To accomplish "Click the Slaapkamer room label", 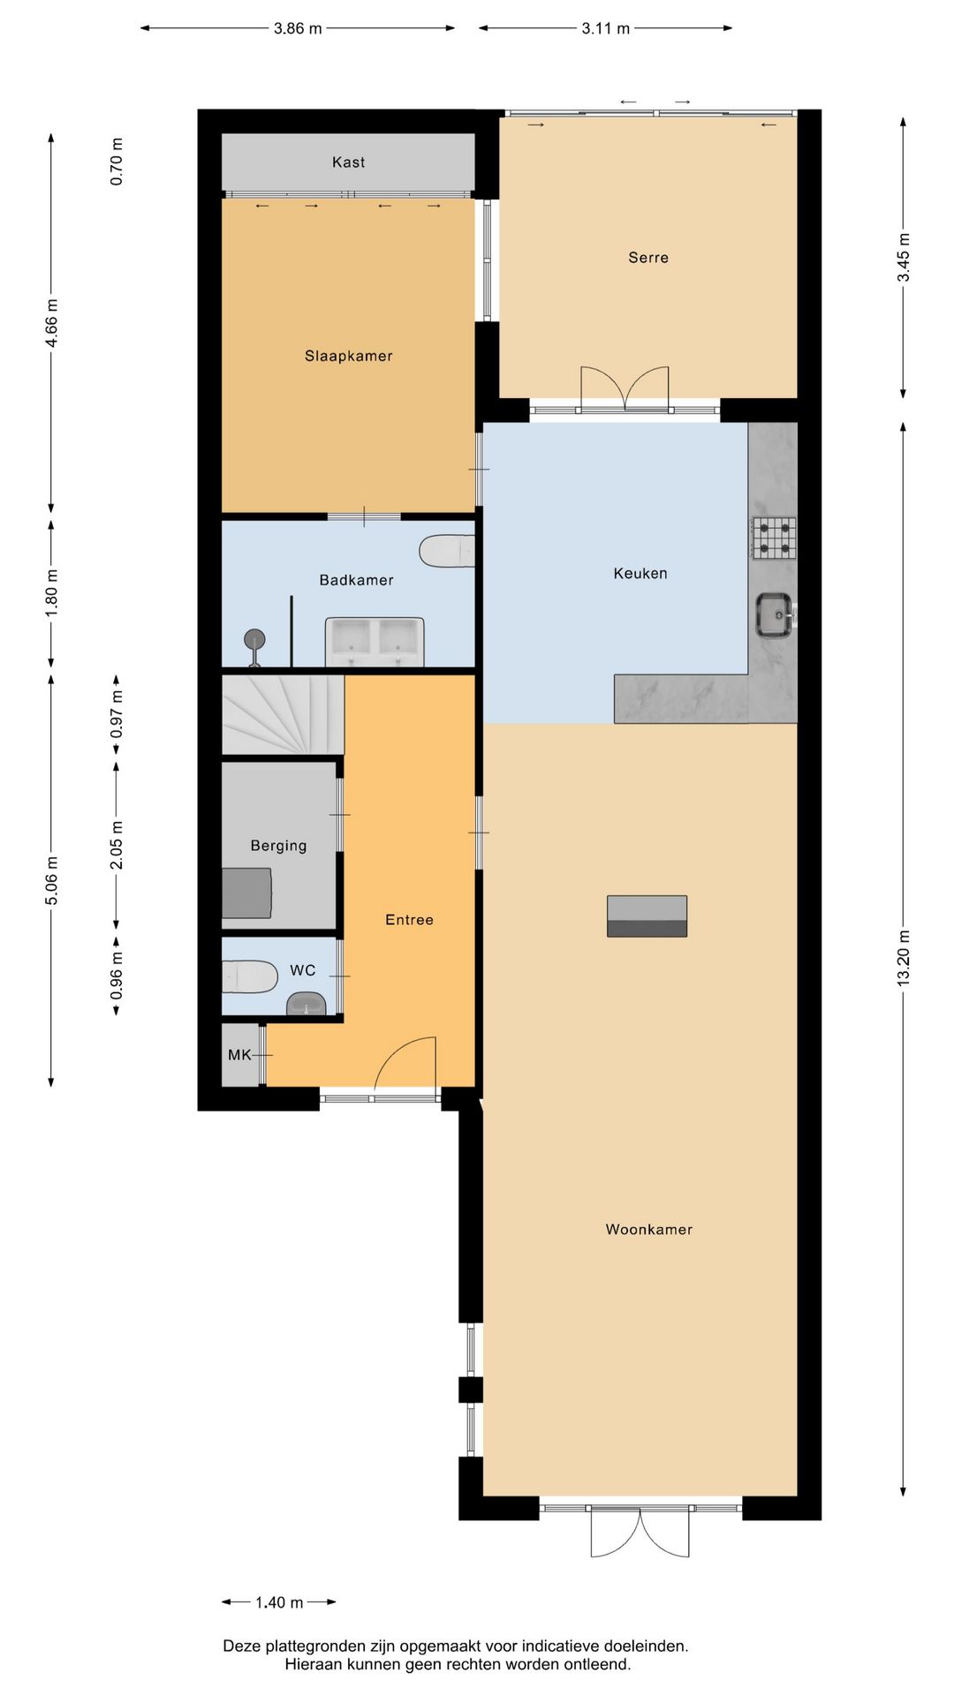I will (348, 356).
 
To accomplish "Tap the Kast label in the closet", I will (348, 162).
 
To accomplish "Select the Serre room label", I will (647, 258).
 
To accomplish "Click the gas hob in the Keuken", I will (774, 539).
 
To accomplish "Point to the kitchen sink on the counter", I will (774, 615).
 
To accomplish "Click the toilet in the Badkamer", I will (448, 551).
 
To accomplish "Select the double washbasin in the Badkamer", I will (375, 641).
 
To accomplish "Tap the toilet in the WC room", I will (249, 976).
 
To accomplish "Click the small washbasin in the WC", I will (307, 1004).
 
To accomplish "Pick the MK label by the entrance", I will (239, 1055).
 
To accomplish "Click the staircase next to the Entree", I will (281, 714).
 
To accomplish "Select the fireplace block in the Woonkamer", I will (647, 916).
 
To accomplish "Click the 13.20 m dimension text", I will (903, 958).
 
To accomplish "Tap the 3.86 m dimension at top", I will (298, 28).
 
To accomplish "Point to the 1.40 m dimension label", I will (279, 1602).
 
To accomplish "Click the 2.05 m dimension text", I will (117, 845).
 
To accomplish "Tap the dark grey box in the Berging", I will (246, 893).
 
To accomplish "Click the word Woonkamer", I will (648, 1230).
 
